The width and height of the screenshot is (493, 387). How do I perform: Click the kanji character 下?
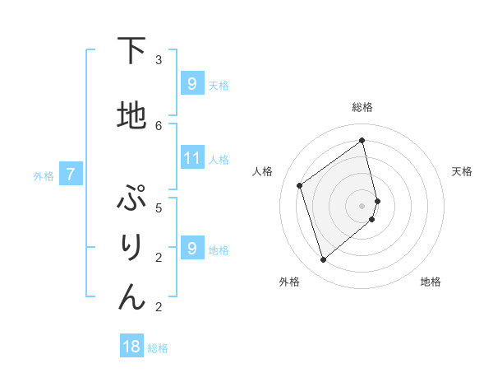[x=131, y=52]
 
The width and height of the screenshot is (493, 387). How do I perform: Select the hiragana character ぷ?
[x=131, y=200]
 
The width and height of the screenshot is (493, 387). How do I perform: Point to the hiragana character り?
[x=131, y=249]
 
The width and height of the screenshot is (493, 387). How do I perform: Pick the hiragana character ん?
[x=131, y=297]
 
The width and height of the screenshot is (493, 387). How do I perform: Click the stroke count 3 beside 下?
[x=159, y=60]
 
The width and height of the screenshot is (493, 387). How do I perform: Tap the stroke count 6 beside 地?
[x=159, y=125]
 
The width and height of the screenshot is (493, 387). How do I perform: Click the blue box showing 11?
[x=192, y=158]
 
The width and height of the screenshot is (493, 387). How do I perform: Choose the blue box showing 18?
[x=131, y=347]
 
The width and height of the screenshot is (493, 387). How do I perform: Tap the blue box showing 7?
[x=71, y=175]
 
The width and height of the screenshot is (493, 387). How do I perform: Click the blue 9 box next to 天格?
[x=191, y=83]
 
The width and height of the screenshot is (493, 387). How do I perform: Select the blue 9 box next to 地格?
[x=191, y=249]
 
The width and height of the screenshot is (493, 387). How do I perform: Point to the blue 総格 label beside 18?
[x=158, y=348]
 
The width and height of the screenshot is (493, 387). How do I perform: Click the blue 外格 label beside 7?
[x=44, y=175]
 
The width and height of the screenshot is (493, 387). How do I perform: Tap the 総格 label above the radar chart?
[x=362, y=107]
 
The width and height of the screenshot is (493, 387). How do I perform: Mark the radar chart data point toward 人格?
[x=300, y=185]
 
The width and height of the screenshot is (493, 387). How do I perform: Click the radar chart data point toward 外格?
[x=323, y=260]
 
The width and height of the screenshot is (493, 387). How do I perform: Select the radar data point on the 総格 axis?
[x=362, y=140]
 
